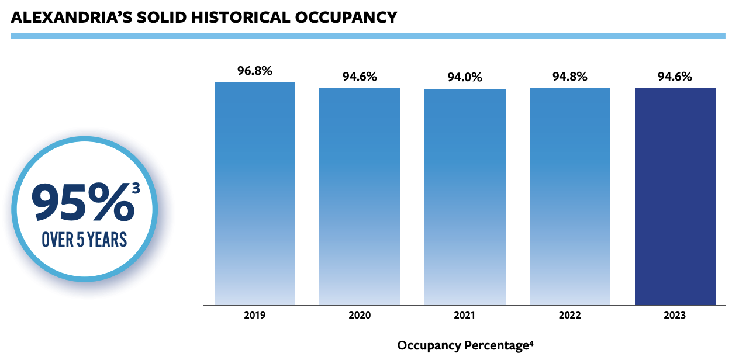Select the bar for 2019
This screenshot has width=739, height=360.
pos(255,193)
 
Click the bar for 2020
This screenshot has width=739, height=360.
pos(360,196)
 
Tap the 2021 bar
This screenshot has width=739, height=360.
pos(465,197)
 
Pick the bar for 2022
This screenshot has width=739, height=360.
pos(570,196)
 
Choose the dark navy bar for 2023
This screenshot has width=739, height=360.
pos(675,196)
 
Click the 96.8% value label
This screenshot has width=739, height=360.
pos(255,71)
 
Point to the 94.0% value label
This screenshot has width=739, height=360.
pos(465,77)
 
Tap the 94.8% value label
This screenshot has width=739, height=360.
pos(570,77)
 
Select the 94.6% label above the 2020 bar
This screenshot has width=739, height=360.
pos(360,77)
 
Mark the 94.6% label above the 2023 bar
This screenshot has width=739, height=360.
pos(675,77)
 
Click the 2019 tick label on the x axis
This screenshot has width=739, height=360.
pos(255,316)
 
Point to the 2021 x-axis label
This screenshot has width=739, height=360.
pos(465,316)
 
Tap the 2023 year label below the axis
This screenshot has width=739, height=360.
pos(675,316)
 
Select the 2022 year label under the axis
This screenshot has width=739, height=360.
pos(570,316)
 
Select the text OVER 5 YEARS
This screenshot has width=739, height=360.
pos(85,240)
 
